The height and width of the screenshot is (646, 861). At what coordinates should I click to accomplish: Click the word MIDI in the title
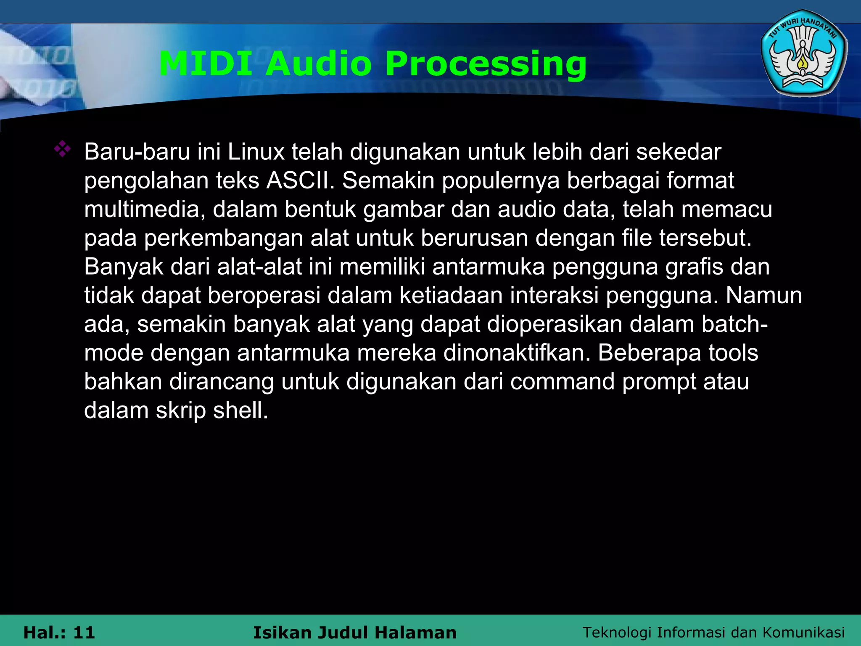206,64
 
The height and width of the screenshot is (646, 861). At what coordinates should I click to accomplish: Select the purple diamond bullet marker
62,149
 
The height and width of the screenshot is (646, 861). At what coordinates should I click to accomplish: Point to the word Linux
256,152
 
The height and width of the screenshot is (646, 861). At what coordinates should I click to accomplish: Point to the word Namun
764,295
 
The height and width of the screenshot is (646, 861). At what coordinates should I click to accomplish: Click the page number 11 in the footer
84,633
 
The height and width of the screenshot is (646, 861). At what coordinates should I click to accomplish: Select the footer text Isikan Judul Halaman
354,633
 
